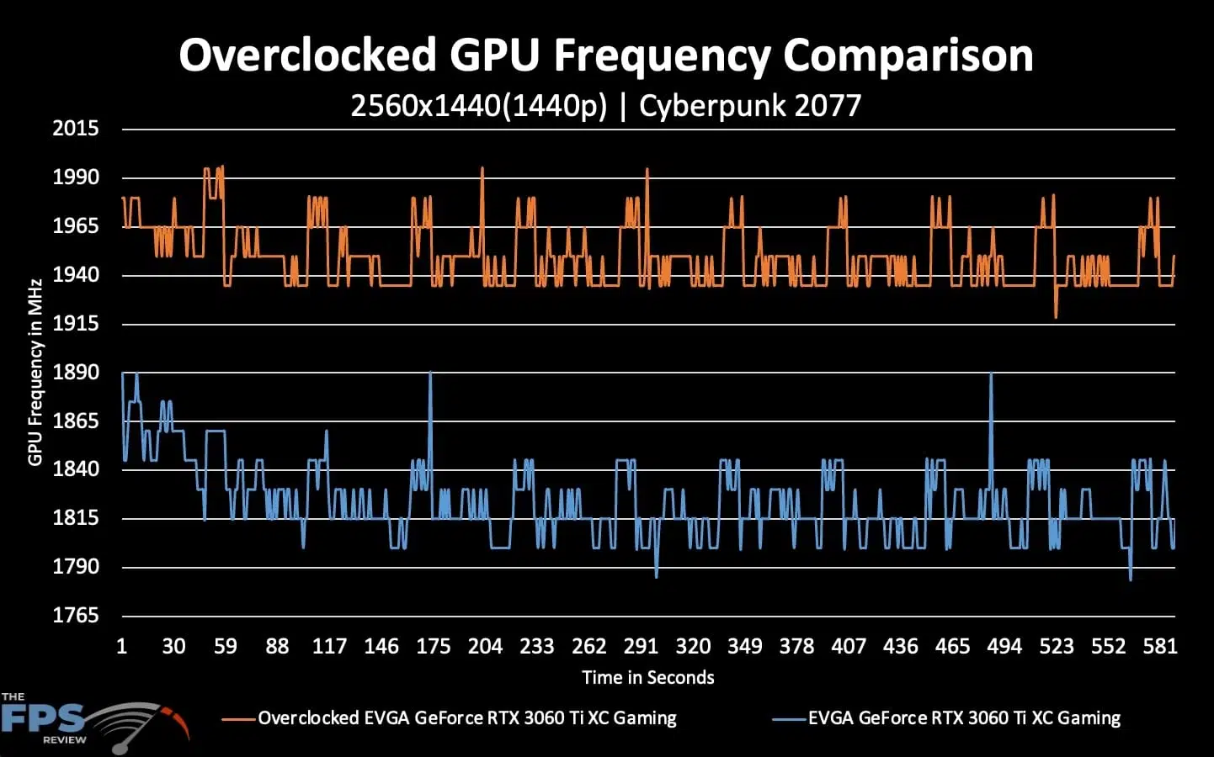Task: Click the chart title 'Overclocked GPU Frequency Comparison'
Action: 605,56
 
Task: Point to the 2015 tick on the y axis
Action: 76,129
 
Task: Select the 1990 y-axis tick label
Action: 76,177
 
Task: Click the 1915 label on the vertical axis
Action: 76,324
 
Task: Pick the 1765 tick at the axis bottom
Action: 76,616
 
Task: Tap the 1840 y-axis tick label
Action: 76,469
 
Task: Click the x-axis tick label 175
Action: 434,647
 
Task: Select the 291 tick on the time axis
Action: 641,647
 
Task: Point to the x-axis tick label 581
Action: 1160,647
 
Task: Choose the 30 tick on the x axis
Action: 173,647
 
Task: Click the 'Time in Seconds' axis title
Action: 647,678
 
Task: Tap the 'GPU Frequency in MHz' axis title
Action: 35,372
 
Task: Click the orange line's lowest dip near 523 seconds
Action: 1056,315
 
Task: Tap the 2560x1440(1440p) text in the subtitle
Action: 478,106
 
